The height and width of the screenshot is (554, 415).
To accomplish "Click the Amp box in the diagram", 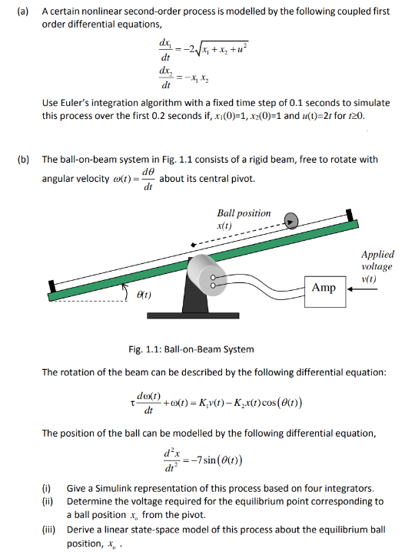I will click(324, 287).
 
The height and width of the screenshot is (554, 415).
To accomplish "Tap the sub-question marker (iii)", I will click(48, 529).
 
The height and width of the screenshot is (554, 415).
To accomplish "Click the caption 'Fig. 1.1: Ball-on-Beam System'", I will click(191, 350).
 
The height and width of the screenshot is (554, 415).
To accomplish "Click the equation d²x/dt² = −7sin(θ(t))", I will click(209, 460).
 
